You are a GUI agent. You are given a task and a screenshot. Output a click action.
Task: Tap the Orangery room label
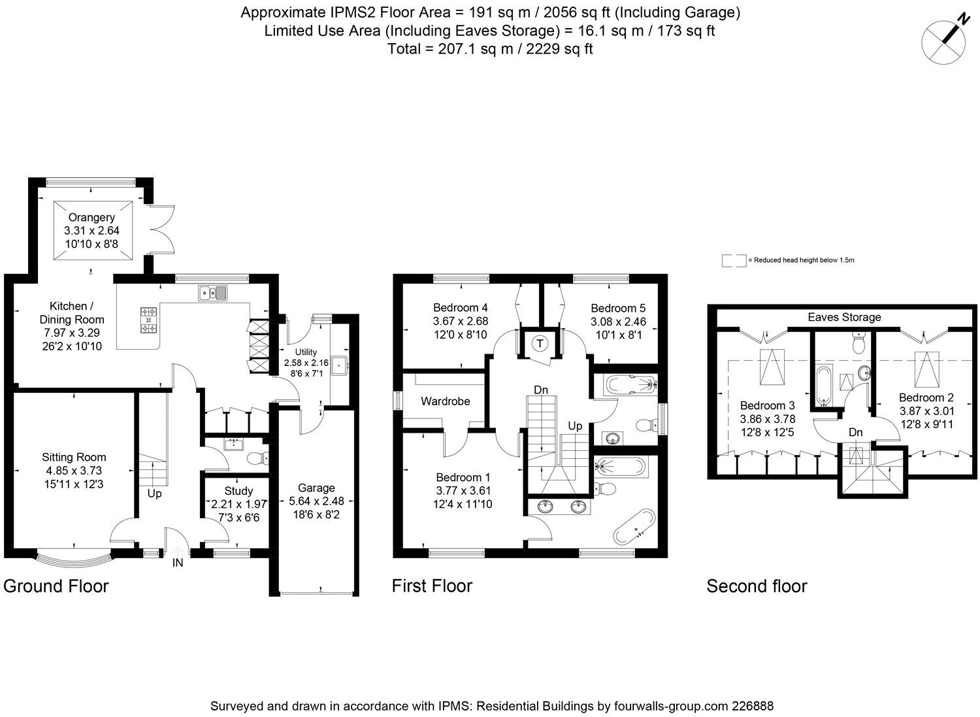click(x=91, y=217)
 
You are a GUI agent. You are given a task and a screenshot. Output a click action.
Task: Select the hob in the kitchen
click(x=149, y=320)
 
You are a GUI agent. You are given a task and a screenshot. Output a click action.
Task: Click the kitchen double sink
click(x=212, y=293)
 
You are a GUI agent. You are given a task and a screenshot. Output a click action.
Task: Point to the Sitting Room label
click(x=74, y=457)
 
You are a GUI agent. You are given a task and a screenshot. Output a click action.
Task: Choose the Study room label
click(x=238, y=491)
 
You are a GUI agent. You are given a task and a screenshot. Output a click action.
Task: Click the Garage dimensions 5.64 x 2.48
click(x=316, y=501)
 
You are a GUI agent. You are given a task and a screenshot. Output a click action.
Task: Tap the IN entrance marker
click(x=178, y=563)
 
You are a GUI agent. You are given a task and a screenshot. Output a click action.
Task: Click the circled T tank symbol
click(x=540, y=344)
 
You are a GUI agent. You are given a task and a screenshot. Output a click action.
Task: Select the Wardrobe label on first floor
click(x=446, y=401)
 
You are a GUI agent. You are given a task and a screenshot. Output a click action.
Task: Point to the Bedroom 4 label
click(x=460, y=307)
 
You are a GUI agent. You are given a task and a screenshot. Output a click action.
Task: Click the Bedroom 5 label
click(x=618, y=308)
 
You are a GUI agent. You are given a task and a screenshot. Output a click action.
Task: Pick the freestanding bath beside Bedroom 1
click(x=634, y=527)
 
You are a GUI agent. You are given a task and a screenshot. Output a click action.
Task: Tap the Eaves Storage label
click(x=844, y=317)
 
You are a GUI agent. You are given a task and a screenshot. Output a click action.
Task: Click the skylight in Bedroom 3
click(x=772, y=367)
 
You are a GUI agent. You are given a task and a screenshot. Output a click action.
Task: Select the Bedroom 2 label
click(x=926, y=397)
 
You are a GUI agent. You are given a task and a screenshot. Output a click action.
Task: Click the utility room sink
click(x=340, y=365)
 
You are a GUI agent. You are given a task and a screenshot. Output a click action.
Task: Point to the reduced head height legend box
click(x=734, y=260)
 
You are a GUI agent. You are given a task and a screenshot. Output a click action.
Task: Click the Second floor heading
click(x=757, y=586)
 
